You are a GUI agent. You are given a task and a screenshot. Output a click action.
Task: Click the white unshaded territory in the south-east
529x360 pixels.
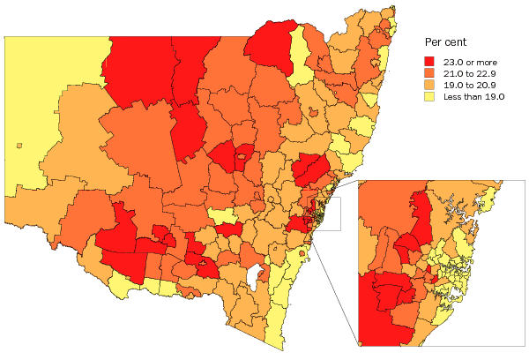tap(257, 280)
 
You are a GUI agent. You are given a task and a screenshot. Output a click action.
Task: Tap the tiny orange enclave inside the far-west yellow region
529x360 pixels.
tap(19, 145)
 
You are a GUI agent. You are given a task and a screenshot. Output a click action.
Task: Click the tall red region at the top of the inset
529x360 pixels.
tap(421, 216)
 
